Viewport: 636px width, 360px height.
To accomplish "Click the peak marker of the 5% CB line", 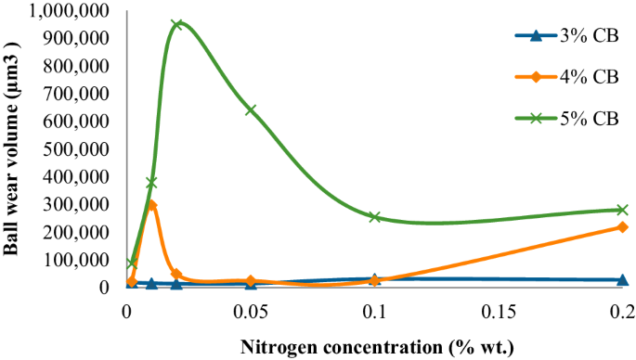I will click(x=176, y=24).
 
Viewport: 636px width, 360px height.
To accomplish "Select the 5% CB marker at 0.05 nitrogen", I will click(x=251, y=109).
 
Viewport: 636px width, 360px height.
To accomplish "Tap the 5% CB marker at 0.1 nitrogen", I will click(x=375, y=216).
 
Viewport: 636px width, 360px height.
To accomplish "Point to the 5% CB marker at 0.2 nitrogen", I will click(x=622, y=210).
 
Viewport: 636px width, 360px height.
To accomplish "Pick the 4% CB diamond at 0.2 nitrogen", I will click(x=622, y=226).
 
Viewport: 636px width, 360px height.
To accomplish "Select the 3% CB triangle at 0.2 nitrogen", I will click(x=622, y=279).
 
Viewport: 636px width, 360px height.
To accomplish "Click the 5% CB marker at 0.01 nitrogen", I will click(x=151, y=183).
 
